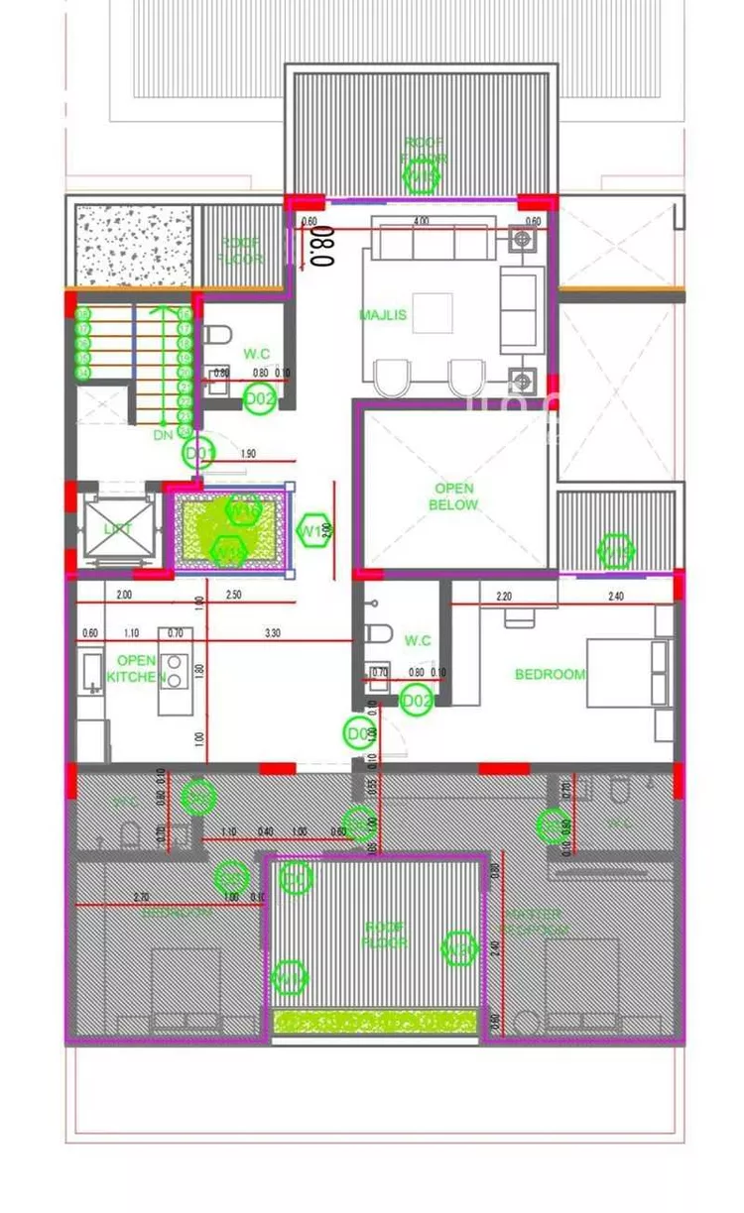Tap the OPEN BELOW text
click(453, 496)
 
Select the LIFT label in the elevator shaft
click(118, 529)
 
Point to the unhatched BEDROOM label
click(550, 675)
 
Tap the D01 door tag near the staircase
click(198, 454)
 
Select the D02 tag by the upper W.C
click(260, 399)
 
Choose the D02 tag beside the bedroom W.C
click(416, 702)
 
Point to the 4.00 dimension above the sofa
click(421, 221)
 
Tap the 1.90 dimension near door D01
click(248, 454)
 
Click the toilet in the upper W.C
click(215, 337)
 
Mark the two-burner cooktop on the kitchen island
click(175, 671)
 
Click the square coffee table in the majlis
click(433, 313)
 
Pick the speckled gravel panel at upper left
click(133, 246)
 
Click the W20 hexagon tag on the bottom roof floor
click(458, 948)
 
